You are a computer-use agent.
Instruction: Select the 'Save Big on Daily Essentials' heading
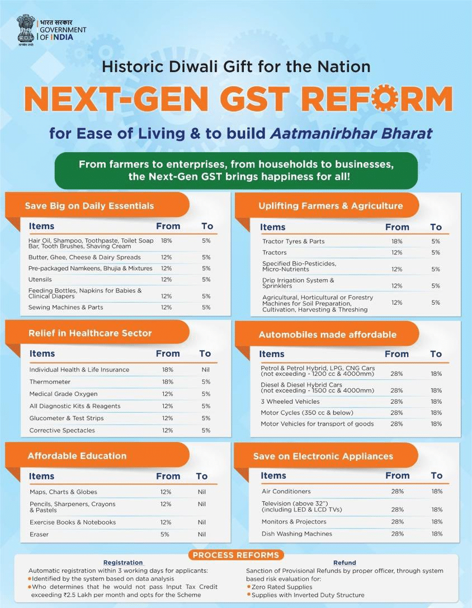pyautogui.click(x=89, y=206)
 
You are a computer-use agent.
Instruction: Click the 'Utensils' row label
pyautogui.click(x=40, y=279)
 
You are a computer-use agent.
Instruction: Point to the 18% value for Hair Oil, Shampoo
pyautogui.click(x=166, y=241)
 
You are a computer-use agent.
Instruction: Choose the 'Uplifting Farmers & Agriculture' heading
pyautogui.click(x=330, y=206)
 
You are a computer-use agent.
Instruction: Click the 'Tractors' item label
pyautogui.click(x=275, y=253)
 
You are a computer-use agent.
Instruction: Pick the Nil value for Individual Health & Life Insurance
pyautogui.click(x=206, y=370)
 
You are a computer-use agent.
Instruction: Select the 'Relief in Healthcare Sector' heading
pyautogui.click(x=90, y=333)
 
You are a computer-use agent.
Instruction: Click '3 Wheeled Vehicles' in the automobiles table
pyautogui.click(x=290, y=402)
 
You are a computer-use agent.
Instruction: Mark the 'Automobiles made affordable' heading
pyautogui.click(x=327, y=334)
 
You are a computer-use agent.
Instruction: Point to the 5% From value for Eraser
pyautogui.click(x=166, y=534)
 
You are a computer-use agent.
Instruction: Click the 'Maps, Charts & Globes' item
pyautogui.click(x=63, y=492)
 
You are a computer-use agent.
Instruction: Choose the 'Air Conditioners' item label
pyautogui.click(x=286, y=491)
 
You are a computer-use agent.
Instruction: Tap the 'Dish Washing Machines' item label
pyautogui.click(x=296, y=534)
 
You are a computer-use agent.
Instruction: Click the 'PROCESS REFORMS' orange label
pyautogui.click(x=235, y=555)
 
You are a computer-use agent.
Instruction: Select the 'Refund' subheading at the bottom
pyautogui.click(x=344, y=563)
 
